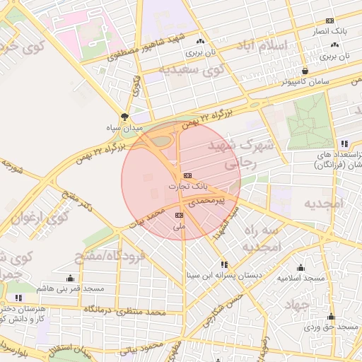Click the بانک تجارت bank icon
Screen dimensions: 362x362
coord(187,175)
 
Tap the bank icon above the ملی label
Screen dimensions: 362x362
coord(179,214)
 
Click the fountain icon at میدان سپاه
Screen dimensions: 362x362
coord(125,117)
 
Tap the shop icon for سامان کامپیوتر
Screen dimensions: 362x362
coord(305,71)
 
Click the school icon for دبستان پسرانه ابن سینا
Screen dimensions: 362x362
coord(224,264)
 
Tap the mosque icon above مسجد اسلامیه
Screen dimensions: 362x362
coord(300,267)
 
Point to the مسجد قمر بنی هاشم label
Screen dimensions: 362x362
coord(71,289)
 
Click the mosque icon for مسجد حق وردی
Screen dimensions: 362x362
coord(331,316)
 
